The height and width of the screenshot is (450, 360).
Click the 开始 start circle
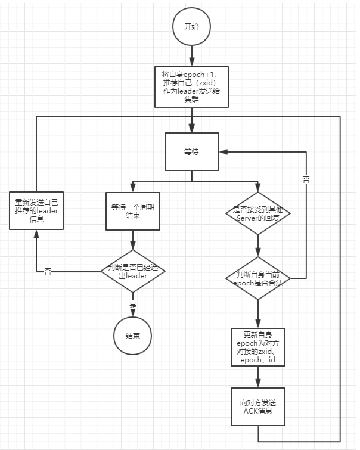[192, 27]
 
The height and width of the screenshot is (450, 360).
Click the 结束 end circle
[132, 336]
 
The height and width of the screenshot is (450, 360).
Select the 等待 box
[192, 152]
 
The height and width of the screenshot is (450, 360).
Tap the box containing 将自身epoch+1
[192, 86]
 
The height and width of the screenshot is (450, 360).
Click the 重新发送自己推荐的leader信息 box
[36, 211]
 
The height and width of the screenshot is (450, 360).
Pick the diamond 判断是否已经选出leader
[132, 271]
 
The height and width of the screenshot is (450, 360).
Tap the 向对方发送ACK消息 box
[258, 406]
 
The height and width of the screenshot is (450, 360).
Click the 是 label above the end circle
[132, 304]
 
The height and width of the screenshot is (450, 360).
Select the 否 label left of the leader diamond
[48, 271]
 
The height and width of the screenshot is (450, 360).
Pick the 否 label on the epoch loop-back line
[306, 179]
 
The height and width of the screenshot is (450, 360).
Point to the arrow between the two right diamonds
[258, 246]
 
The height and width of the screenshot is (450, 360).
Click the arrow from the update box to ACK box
[258, 376]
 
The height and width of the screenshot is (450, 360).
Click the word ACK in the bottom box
[250, 411]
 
